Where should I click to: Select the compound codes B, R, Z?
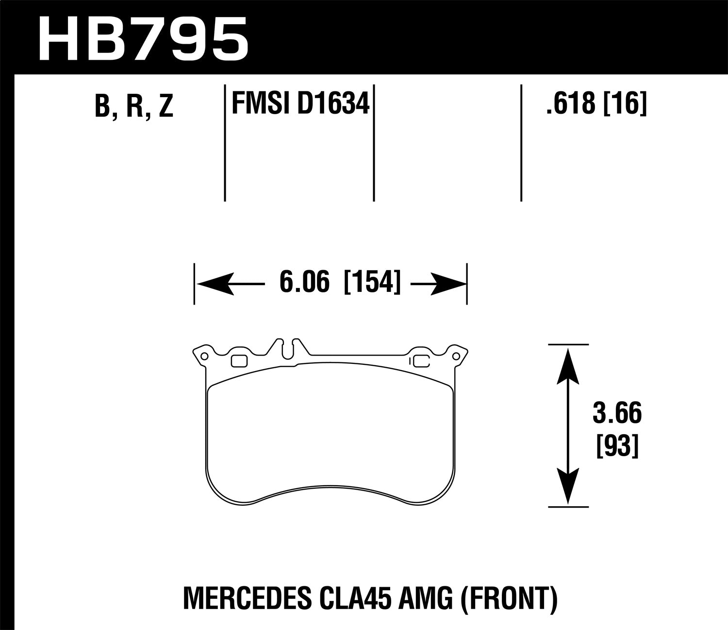134,106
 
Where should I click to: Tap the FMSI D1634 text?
301,104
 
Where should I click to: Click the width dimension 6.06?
304,283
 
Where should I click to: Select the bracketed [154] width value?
372,283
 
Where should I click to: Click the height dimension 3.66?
617,414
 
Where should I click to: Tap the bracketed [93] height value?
617,445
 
